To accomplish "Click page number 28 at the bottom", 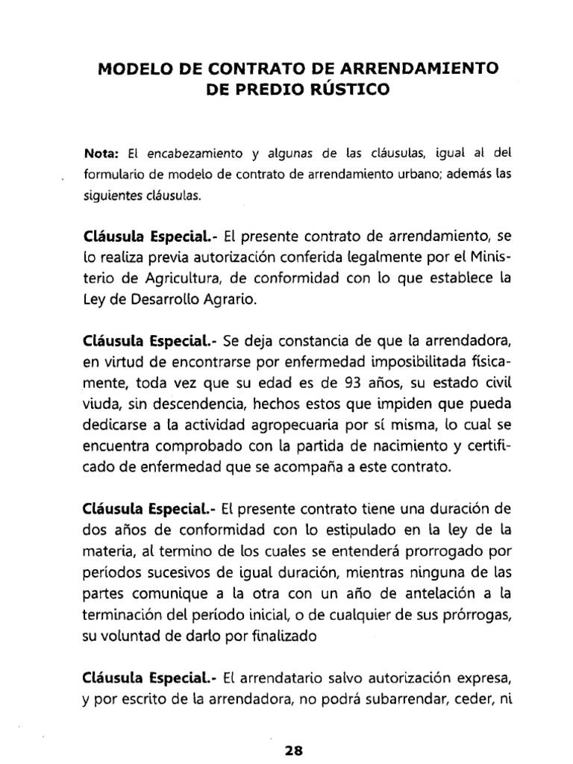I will (x=293, y=751).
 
